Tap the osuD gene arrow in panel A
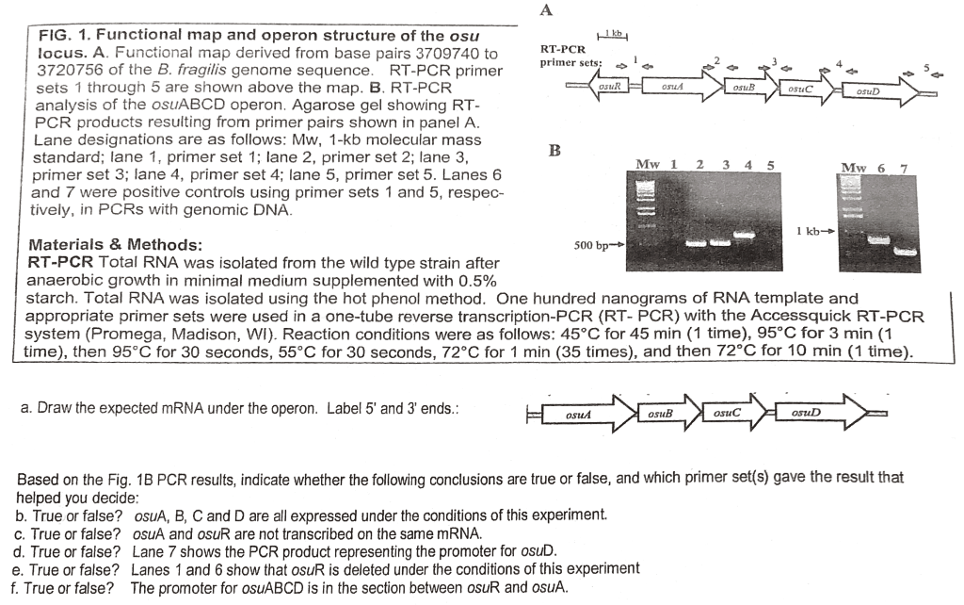point(874,91)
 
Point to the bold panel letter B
point(556,151)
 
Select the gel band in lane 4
point(744,235)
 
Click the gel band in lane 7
point(906,252)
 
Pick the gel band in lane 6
point(881,239)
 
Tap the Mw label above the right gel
point(854,169)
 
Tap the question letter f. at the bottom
point(20,588)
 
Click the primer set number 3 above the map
point(775,62)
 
